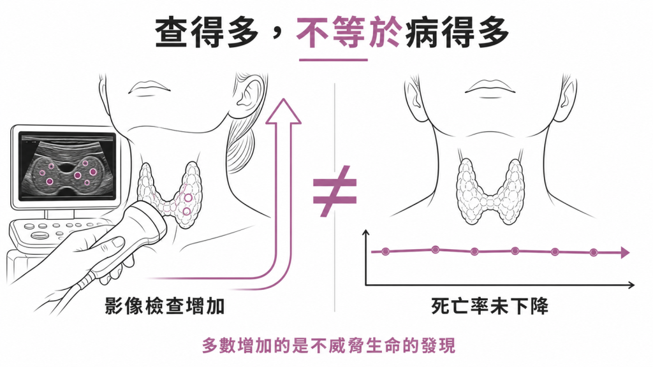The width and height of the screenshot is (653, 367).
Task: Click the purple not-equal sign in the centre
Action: click(x=335, y=191)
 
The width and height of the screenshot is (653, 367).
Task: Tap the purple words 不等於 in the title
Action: click(x=349, y=32)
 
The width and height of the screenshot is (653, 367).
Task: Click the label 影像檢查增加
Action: click(x=165, y=306)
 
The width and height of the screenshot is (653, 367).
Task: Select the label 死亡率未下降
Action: click(x=490, y=306)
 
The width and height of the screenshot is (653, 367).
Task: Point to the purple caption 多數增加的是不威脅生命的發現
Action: click(x=329, y=345)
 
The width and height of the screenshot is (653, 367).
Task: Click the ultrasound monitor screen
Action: click(x=67, y=166)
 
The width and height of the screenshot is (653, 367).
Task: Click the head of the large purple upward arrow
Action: click(x=284, y=111)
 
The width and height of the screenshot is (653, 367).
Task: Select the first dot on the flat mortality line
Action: click(x=386, y=251)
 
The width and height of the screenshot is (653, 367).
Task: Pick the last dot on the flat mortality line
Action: click(x=594, y=252)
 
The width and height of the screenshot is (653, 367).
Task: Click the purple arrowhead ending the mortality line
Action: click(x=625, y=252)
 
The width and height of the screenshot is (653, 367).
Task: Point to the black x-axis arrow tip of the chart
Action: click(x=633, y=285)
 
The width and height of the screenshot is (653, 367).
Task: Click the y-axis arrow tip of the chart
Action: click(x=365, y=231)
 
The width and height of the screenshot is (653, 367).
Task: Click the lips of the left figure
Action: click(x=149, y=88)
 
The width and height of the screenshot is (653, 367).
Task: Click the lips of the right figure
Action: click(x=490, y=88)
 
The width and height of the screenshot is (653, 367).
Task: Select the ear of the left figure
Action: click(x=249, y=92)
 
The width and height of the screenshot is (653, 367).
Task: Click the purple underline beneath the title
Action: click(x=333, y=60)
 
